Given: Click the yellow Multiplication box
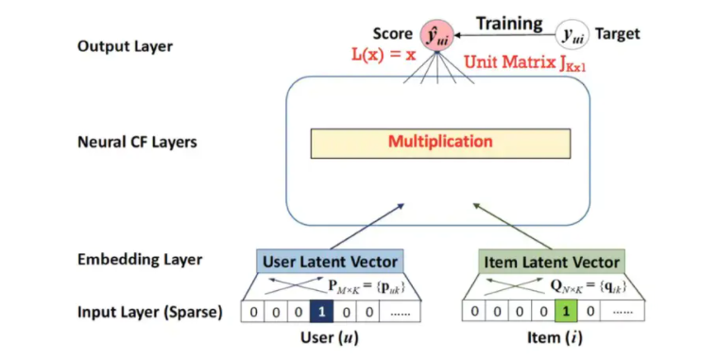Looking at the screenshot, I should pos(440,142).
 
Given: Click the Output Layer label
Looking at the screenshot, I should pos(124,46).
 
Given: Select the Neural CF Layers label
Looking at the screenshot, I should pos(138,144).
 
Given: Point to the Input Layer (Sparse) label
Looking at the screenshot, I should pos(150,310).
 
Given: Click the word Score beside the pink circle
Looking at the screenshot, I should pos(393,34).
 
